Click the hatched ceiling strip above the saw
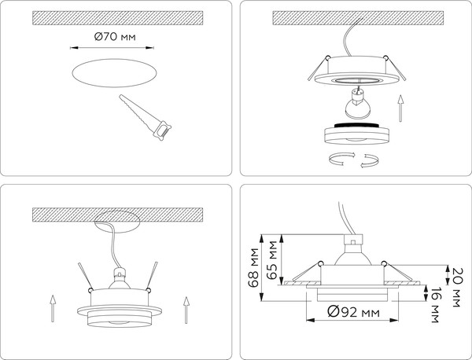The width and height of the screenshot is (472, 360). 117,16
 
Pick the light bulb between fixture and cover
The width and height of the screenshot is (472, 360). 356,101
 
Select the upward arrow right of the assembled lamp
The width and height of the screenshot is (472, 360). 186,307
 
